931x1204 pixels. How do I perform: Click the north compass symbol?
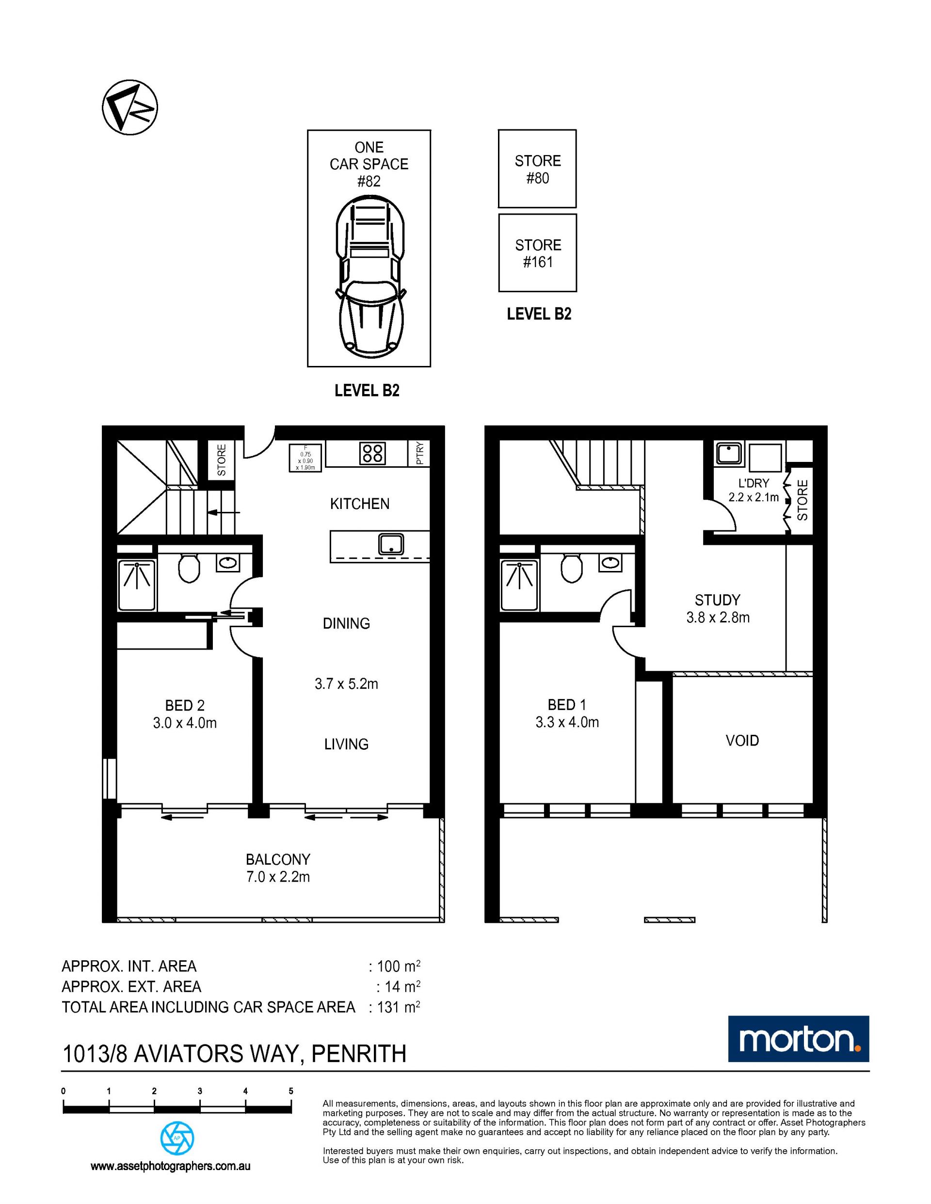point(130,107)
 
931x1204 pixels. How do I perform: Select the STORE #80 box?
point(537,169)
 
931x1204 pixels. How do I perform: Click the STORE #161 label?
point(538,253)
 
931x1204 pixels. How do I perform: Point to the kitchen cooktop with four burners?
point(372,454)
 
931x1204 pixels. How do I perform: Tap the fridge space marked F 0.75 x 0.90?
point(305,458)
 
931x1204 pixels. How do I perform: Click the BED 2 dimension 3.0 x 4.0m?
point(185,723)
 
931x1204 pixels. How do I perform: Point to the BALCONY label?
point(278,859)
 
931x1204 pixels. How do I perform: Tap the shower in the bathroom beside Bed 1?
point(519,585)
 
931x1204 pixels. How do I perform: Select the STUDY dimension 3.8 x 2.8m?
point(718,618)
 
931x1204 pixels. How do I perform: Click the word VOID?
point(742,740)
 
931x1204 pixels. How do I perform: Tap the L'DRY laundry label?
point(754,483)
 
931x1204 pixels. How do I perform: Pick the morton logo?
point(799,1039)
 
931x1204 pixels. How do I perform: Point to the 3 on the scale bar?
point(200,1091)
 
